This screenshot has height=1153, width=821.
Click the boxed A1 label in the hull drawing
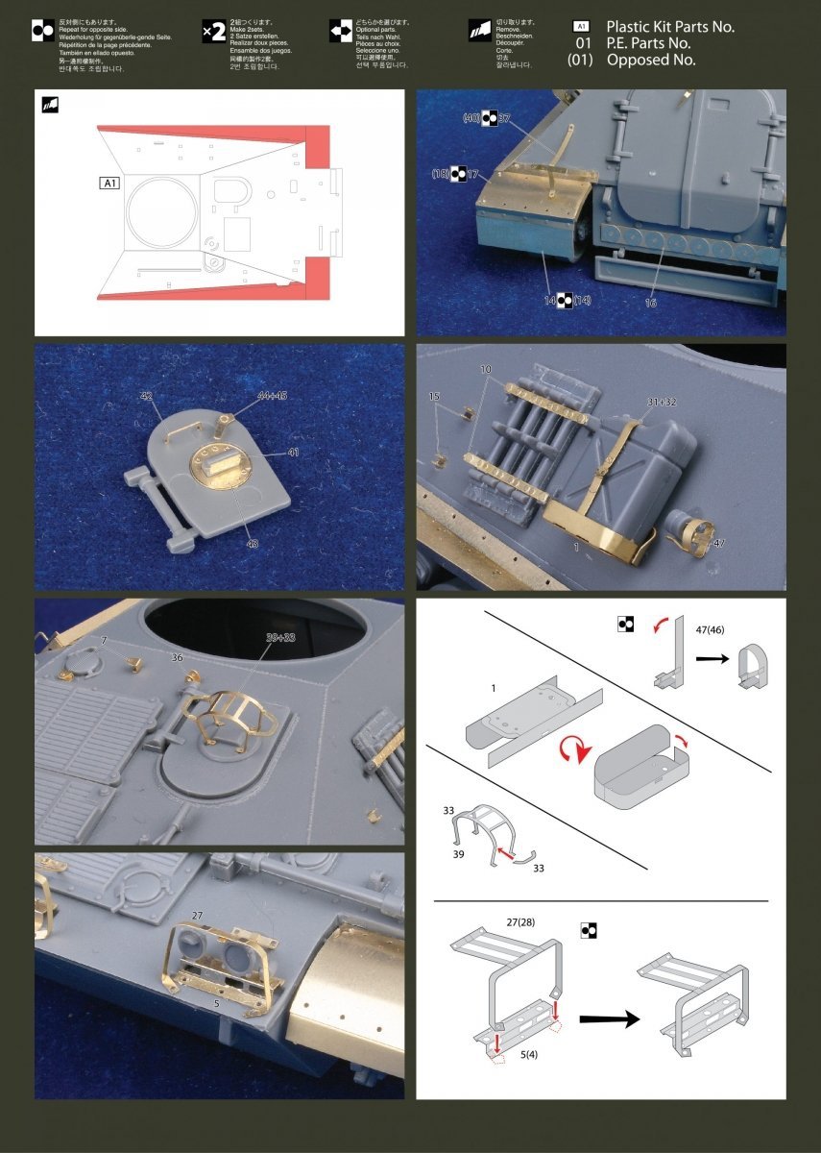click(108, 182)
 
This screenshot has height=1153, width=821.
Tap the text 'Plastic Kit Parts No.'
click(669, 27)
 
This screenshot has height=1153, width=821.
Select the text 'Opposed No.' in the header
click(650, 60)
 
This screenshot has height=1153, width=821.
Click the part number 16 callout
click(650, 303)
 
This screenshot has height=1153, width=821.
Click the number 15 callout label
click(434, 396)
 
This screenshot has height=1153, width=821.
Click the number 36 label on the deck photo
click(176, 658)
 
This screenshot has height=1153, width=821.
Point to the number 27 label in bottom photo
click(198, 915)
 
